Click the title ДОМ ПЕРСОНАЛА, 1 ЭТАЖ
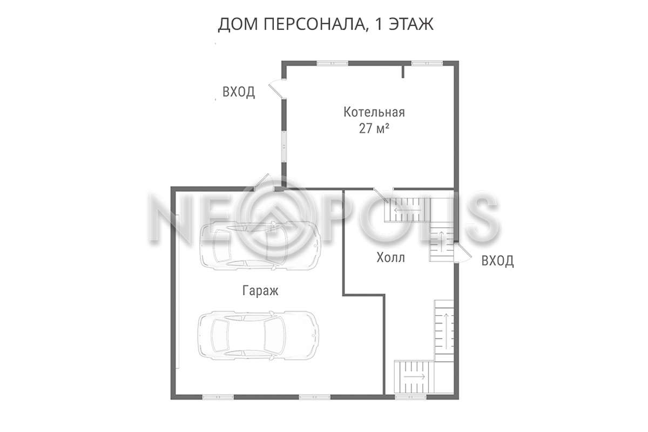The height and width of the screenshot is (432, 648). point(326,24)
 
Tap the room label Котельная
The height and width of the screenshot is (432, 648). point(374,112)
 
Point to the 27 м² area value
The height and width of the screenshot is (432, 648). point(374,129)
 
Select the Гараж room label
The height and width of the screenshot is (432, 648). point(260,291)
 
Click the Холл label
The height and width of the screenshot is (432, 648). point(390,257)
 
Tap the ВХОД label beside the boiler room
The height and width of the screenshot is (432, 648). point(239,92)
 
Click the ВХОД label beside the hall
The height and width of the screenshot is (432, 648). point(497,261)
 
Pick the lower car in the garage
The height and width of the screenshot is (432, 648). point(258,336)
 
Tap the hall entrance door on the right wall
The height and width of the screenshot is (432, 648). point(462,253)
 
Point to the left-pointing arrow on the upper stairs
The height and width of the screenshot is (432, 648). point(403,211)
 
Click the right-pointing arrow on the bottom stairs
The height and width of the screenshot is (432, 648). point(415,376)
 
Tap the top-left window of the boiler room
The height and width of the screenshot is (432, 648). point(333,63)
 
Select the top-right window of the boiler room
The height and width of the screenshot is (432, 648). point(427,63)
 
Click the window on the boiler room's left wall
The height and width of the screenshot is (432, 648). point(285,147)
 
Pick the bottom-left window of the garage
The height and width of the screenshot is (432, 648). point(218,397)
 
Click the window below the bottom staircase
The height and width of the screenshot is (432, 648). point(411,397)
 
